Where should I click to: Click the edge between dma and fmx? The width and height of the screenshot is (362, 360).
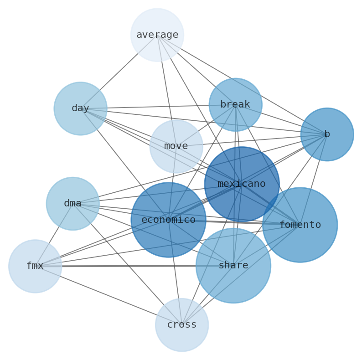[x=54, y=234]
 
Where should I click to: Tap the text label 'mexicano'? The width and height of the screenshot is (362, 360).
[x=242, y=184]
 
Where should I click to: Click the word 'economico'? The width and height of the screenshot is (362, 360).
[x=168, y=220]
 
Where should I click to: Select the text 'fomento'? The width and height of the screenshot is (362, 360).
[x=300, y=225]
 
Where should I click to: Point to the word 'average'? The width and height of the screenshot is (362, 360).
[x=157, y=35]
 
